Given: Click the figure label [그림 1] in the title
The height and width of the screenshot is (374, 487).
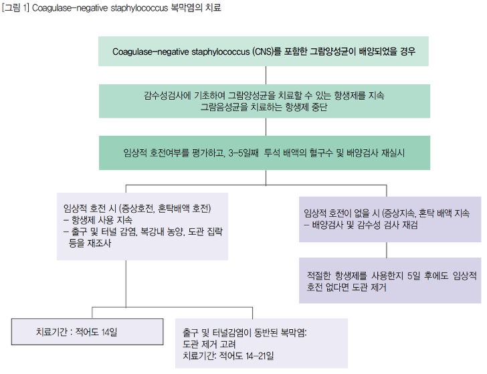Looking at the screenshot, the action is [x=15, y=7].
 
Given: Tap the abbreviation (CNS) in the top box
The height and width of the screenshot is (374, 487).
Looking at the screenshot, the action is [x=262, y=52].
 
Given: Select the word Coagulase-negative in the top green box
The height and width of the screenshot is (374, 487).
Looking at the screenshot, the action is [x=151, y=52].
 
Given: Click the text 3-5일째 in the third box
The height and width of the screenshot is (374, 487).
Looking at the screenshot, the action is [x=243, y=153].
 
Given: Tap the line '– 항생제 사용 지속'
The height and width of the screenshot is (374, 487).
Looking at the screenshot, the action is [x=98, y=220].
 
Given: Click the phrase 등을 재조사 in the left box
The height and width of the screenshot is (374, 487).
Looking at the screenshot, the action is [x=90, y=244].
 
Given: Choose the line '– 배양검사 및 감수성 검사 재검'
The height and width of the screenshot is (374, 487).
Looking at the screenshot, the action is [x=361, y=225].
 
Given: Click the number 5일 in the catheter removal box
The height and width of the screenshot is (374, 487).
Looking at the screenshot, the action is [x=413, y=276].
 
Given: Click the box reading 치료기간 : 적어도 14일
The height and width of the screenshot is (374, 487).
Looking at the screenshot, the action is [x=87, y=332].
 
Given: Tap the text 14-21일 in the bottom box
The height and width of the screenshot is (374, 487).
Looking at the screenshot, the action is [x=260, y=356].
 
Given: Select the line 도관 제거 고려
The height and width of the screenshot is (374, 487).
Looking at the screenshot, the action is [x=209, y=344].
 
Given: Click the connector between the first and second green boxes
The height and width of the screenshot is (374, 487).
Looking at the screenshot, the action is [x=266, y=75].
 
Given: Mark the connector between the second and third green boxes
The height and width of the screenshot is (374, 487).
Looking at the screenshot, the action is [x=266, y=126].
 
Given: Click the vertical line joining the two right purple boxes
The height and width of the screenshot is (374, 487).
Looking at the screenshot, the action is [x=387, y=250].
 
